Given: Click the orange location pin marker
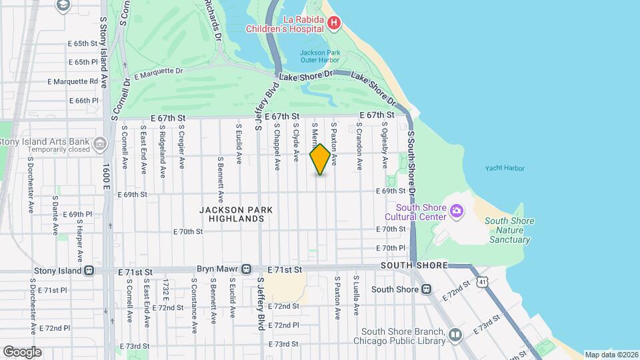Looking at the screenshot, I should tap(321, 159).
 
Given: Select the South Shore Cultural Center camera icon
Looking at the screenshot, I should tap(457, 212).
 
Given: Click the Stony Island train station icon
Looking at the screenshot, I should tap(88, 271).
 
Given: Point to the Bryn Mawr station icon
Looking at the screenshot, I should tap(246, 269).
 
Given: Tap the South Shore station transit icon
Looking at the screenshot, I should tap(426, 289).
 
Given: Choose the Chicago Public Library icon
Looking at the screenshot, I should tap(455, 335).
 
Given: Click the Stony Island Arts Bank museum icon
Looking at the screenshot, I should tap(99, 143).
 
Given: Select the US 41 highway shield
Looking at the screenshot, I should tap(482, 282).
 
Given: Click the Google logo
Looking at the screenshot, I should tap(22, 351).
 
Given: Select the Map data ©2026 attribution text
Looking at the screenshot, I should tap(610, 355).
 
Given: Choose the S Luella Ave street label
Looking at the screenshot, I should tap(357, 296).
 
